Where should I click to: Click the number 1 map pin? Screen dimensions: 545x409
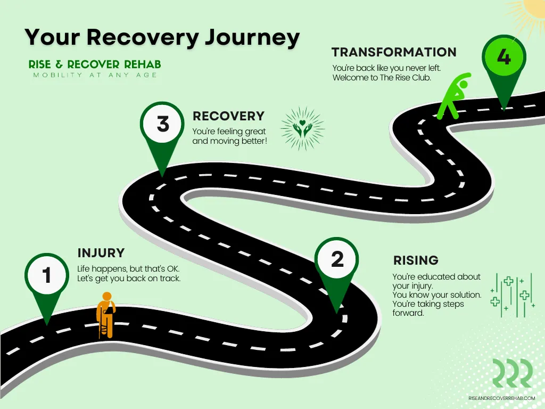(47, 278)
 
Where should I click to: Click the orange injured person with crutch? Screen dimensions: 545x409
(106, 315)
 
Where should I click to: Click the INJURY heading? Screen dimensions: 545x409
(101, 253)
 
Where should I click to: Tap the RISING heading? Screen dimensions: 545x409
(416, 260)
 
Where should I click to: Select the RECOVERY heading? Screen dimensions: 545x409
(228, 116)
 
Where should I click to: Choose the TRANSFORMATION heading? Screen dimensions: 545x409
(394, 52)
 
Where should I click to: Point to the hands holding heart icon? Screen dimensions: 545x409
(302, 128)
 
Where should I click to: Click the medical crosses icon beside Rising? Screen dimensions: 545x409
(513, 295)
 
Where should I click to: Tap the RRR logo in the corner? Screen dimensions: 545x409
(513, 373)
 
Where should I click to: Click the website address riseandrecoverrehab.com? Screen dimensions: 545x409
(501, 398)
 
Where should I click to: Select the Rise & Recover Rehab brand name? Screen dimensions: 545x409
(95, 64)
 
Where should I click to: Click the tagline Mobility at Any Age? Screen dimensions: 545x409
(95, 75)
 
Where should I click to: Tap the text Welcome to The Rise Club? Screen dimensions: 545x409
(382, 78)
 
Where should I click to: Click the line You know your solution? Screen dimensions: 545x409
(437, 295)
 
